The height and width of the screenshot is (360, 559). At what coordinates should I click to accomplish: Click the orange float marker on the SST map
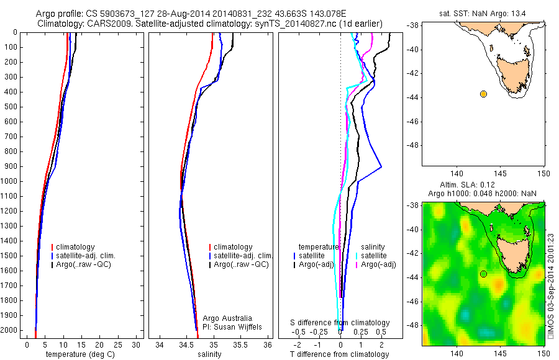pyautogui.click(x=483, y=94)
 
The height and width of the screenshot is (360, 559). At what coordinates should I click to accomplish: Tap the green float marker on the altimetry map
pyautogui.click(x=483, y=274)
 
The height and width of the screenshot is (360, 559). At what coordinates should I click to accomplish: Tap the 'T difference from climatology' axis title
pyautogui.click(x=339, y=354)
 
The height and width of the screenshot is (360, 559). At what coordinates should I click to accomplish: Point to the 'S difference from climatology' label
pyautogui.click(x=340, y=323)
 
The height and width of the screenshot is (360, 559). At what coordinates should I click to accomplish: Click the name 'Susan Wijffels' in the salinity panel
pyautogui.click(x=230, y=326)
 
